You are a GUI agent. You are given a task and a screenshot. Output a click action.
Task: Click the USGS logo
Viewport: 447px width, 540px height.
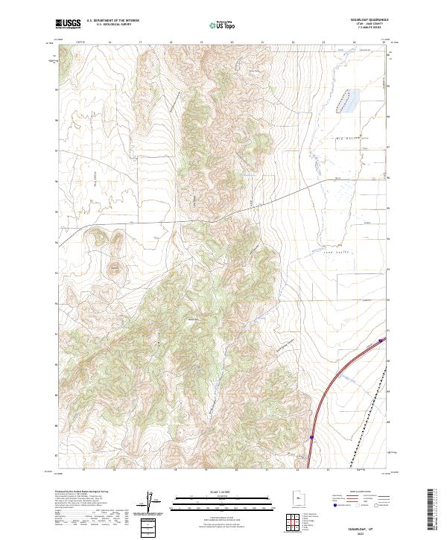click(x=69, y=25)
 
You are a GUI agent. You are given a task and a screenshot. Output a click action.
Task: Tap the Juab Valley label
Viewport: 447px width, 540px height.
click(x=337, y=252)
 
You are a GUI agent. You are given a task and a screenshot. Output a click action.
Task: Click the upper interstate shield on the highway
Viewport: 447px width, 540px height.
click(x=381, y=340)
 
